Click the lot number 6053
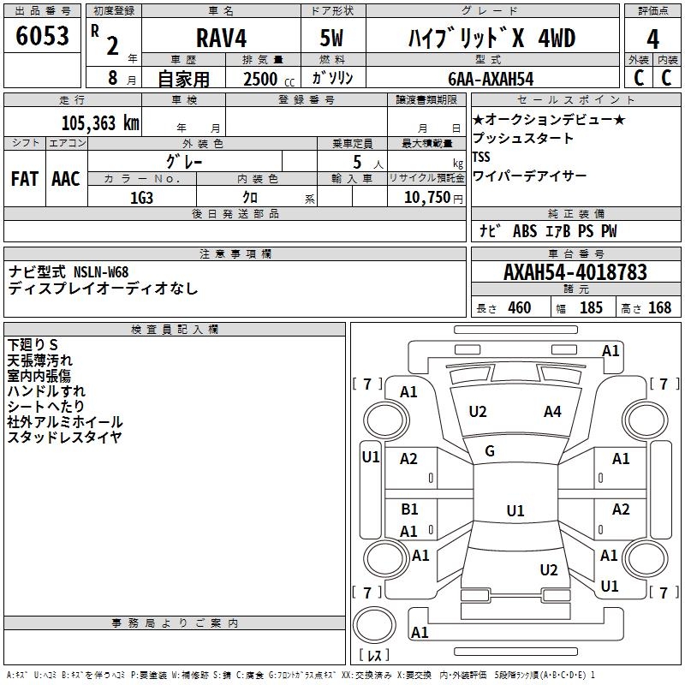pos(42,37)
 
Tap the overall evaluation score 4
pos(652,39)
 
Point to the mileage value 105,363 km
pos(100,122)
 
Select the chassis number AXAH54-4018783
pos(575,272)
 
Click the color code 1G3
pos(141,197)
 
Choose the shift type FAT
pos(24,178)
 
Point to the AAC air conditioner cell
pos(66,178)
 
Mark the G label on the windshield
pos(490,451)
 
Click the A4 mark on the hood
pos(552,412)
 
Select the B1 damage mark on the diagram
pos(409,509)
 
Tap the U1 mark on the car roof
pos(515,511)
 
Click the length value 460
pos(519,308)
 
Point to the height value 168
pos(659,308)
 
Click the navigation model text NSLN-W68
pos(101,272)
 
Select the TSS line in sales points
pos(481,157)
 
